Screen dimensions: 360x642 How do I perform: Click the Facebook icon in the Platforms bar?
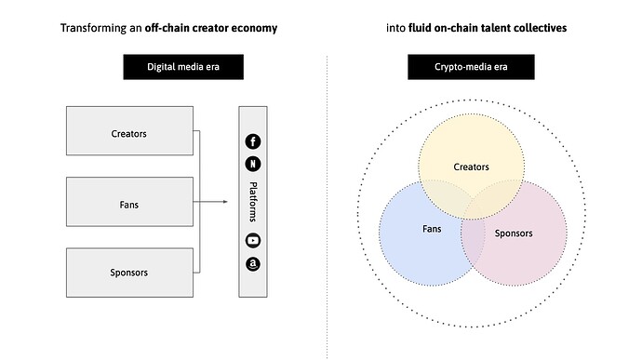(252, 141)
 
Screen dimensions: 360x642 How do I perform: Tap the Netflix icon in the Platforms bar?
(252, 165)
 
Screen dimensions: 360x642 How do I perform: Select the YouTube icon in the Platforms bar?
(252, 241)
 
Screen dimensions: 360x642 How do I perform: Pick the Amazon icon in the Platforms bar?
(252, 264)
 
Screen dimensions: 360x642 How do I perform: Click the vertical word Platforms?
(252, 202)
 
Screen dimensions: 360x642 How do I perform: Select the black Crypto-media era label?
(471, 67)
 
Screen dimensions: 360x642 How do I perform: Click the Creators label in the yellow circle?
(471, 167)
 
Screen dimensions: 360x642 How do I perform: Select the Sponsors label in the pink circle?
(514, 233)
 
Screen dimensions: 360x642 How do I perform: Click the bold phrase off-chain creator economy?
(211, 28)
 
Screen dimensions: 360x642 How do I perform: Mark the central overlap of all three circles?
(472, 206)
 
